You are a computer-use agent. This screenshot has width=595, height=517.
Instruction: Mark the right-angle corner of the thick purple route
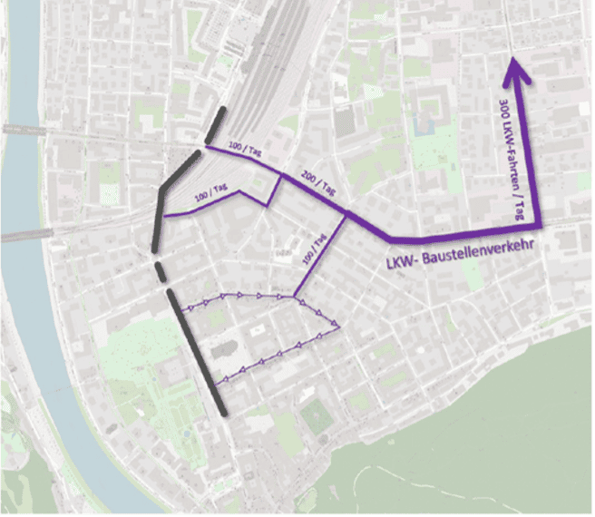point(538,224)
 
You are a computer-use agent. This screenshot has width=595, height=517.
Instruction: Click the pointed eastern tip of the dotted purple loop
point(338,326)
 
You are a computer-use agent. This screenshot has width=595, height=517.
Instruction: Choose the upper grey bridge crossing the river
point(27,129)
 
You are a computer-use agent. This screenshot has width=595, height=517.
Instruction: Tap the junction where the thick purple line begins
point(347,214)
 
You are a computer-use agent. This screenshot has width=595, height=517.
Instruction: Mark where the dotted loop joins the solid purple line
point(296,297)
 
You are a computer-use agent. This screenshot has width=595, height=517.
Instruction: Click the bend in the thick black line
point(162,190)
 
